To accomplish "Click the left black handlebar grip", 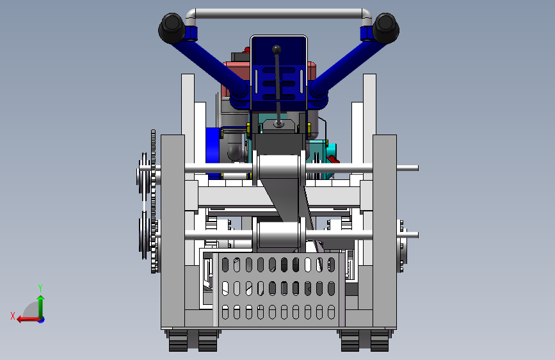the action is (172, 28).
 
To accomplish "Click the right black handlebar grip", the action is (386, 28).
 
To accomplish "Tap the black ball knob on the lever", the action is (277, 49).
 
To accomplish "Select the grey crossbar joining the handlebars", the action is (278, 15).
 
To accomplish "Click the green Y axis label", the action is (40, 288).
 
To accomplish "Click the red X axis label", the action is (13, 316).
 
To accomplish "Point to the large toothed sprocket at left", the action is (153, 201).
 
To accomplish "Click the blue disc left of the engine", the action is (213, 152).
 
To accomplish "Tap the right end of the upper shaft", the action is (417, 168).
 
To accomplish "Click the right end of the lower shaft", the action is (417, 234).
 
